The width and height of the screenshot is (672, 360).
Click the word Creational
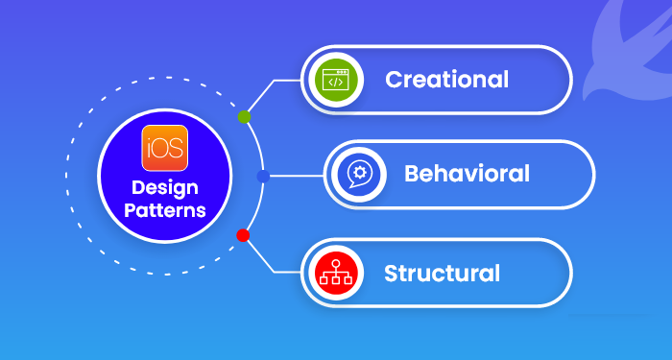tap(446, 79)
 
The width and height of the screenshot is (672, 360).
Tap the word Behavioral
tap(467, 174)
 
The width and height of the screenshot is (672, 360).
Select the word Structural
tap(442, 273)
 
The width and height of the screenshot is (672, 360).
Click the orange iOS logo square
tap(165, 149)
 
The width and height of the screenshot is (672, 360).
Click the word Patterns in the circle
tap(165, 210)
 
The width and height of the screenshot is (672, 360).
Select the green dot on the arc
tap(244, 117)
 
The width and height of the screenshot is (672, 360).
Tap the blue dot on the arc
tap(264, 177)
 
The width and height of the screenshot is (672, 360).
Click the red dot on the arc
tap(243, 235)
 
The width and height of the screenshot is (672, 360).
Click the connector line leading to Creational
tap(278, 81)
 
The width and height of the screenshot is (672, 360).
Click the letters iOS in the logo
tap(165, 150)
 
